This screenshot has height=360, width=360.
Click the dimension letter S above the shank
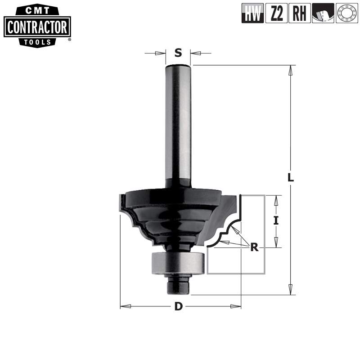[x=178, y=53]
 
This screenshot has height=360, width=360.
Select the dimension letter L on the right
[x=291, y=177]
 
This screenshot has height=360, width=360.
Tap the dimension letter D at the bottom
[x=179, y=307]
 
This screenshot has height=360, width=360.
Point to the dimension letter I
[x=276, y=220]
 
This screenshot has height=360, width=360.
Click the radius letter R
[x=255, y=247]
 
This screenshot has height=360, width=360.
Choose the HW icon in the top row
[x=252, y=13]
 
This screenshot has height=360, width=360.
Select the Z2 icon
[x=276, y=13]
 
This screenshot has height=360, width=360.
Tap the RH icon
[x=300, y=13]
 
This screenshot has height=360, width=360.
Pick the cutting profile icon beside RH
[x=323, y=13]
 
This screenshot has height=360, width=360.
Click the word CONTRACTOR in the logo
[x=37, y=28]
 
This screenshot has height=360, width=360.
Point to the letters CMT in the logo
[x=37, y=9]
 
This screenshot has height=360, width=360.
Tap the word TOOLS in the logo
[x=37, y=42]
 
